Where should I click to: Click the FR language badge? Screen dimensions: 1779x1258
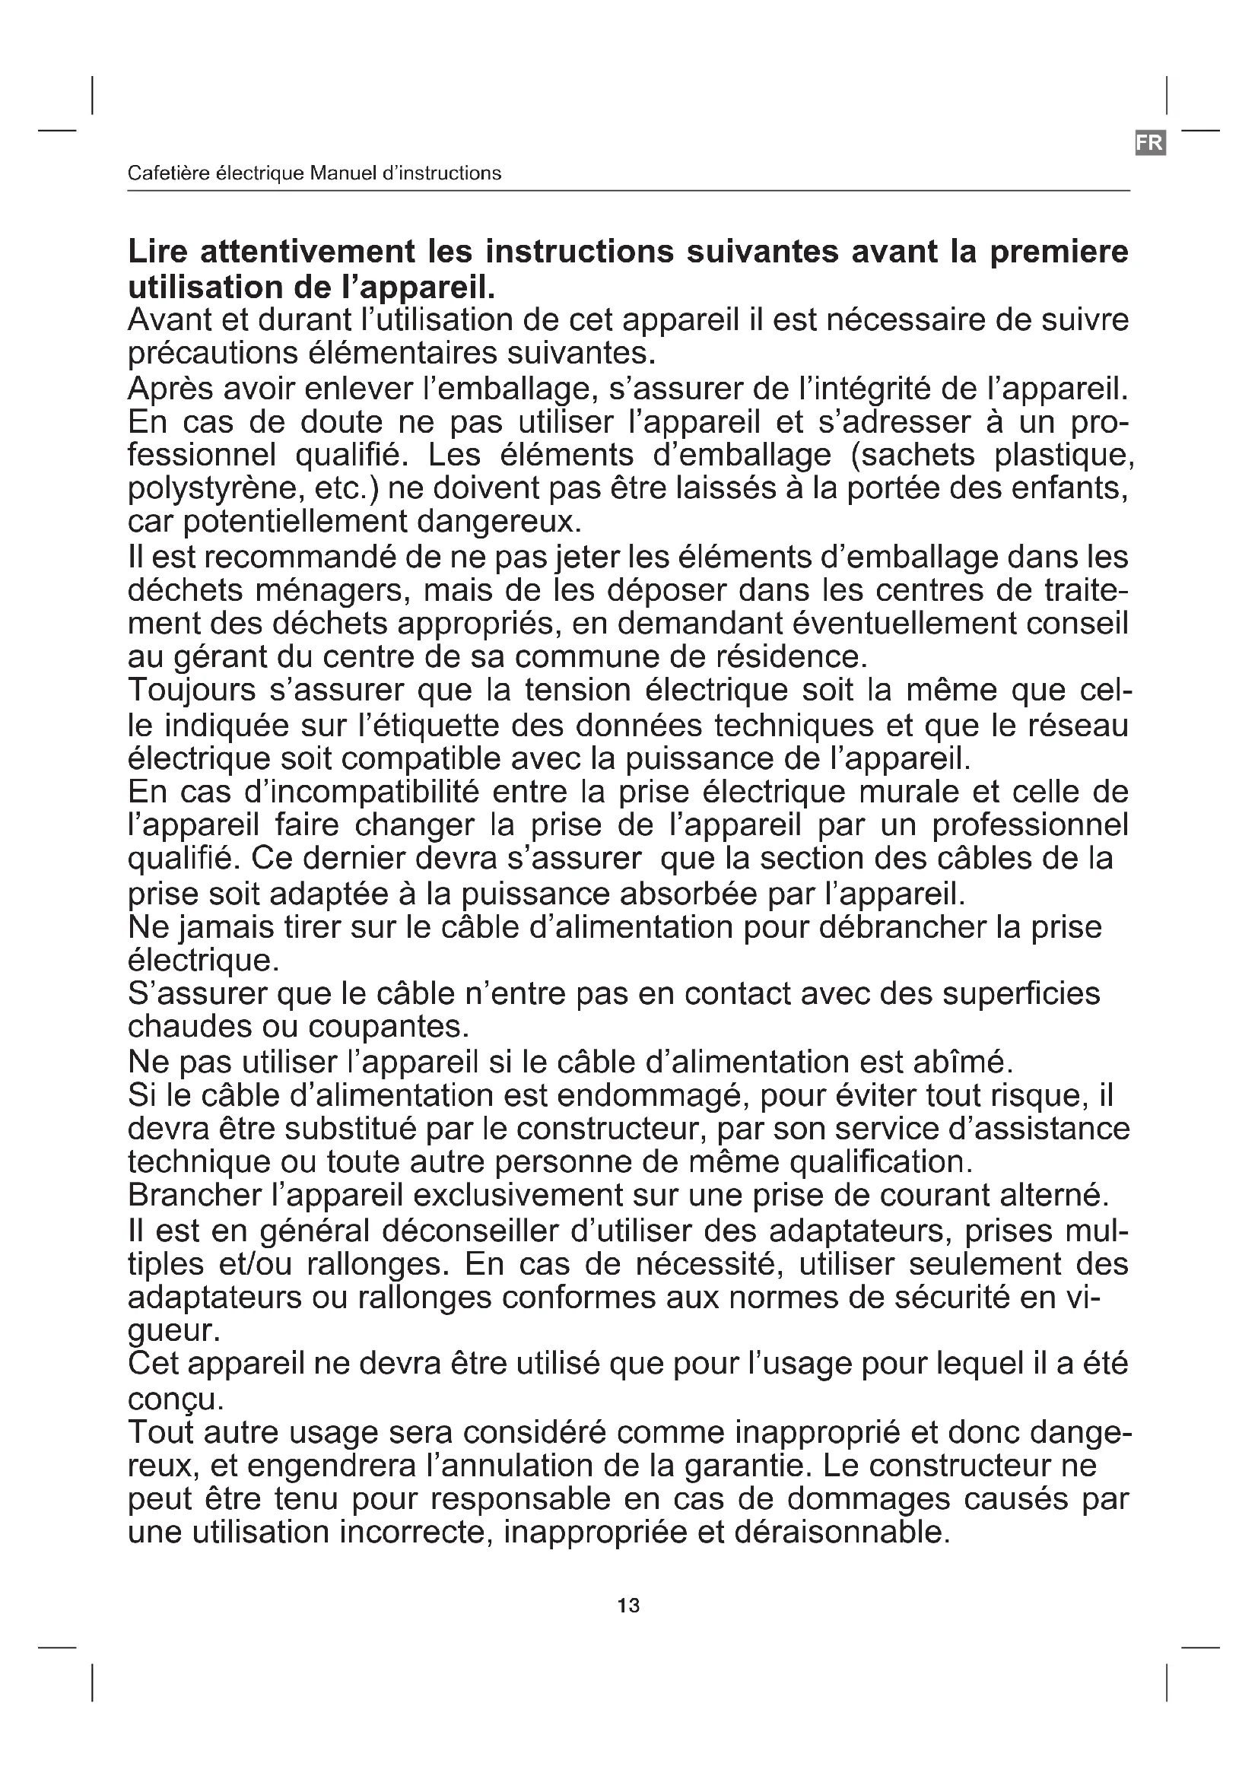1150,142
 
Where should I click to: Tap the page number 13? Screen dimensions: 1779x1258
628,1606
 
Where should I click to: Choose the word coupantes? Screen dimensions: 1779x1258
389,1026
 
